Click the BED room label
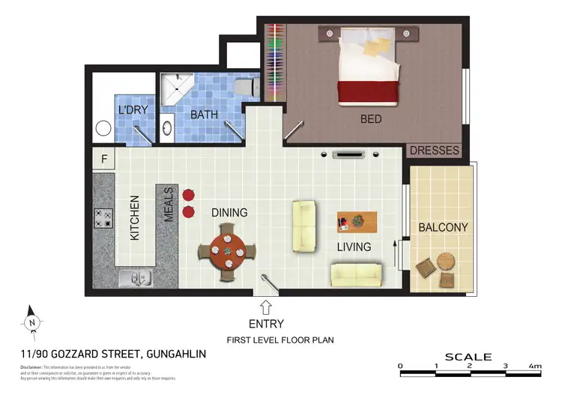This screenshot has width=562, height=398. pyautogui.click(x=371, y=119)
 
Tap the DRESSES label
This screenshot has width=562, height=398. pyautogui.click(x=435, y=151)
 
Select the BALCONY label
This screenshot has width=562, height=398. pyautogui.click(x=443, y=227)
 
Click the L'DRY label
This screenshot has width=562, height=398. pyautogui.click(x=133, y=110)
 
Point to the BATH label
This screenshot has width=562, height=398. pyautogui.click(x=204, y=115)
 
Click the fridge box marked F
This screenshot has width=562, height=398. pyautogui.click(x=103, y=159)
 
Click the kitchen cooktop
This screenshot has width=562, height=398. pyautogui.click(x=103, y=218)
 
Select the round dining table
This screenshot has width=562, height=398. pyautogui.click(x=226, y=252)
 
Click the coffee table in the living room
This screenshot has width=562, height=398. pyautogui.click(x=357, y=222)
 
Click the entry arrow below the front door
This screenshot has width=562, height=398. pyautogui.click(x=266, y=306)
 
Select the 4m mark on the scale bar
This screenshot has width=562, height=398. pyautogui.click(x=534, y=367)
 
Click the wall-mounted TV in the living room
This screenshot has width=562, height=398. pyautogui.click(x=349, y=155)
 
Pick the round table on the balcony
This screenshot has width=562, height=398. pyautogui.click(x=447, y=262)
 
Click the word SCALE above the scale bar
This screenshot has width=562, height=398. pyautogui.click(x=468, y=357)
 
